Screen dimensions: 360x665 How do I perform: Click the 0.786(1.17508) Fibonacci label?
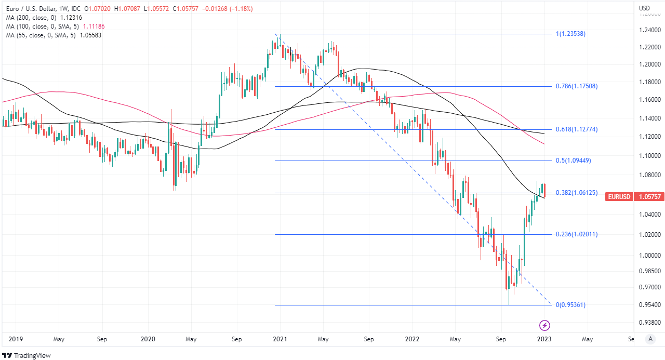click(x=577, y=86)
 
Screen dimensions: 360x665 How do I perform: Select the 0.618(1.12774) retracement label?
click(x=577, y=129)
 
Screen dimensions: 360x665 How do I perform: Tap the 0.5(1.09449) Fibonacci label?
click(x=573, y=161)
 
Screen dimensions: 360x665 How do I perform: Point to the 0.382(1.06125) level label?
click(x=577, y=193)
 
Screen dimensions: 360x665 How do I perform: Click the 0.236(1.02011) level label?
click(x=577, y=234)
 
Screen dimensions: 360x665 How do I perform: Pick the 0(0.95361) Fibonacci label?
click(x=570, y=305)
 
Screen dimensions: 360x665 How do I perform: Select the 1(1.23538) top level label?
click(x=571, y=34)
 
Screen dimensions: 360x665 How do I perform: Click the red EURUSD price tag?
click(x=635, y=196)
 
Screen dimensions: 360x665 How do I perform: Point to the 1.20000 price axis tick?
click(x=649, y=64)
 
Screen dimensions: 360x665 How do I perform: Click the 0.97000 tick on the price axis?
click(x=649, y=287)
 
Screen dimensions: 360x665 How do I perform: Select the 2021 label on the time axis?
click(x=280, y=339)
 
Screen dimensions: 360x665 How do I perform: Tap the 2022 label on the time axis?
click(x=412, y=339)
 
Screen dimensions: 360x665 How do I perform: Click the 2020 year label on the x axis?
click(x=148, y=339)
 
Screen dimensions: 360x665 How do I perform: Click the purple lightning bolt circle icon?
click(x=545, y=326)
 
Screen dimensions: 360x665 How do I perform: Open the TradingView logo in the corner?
click(x=26, y=355)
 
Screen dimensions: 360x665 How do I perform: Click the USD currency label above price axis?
click(x=644, y=8)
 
